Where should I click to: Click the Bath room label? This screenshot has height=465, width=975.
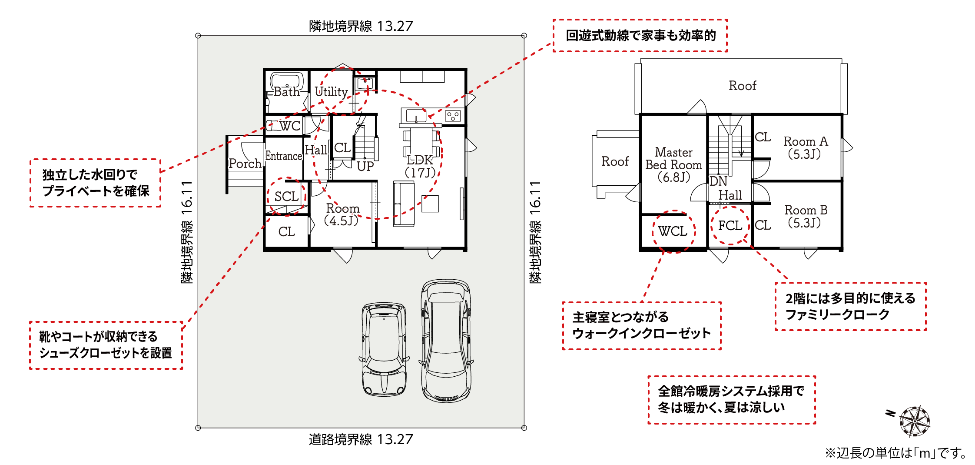[287, 92]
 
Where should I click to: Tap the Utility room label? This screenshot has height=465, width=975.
[331, 92]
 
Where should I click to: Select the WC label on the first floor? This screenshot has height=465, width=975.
[290, 126]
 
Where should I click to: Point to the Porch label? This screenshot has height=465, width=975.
[245, 164]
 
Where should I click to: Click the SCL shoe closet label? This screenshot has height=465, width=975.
[286, 196]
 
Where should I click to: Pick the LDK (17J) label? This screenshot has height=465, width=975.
[420, 166]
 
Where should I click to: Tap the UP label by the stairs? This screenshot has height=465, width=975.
[365, 166]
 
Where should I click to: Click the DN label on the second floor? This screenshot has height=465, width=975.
[718, 181]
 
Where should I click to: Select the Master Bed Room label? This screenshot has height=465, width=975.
[673, 164]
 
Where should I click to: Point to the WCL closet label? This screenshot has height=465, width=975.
[673, 231]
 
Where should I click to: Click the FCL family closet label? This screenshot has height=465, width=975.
[730, 225]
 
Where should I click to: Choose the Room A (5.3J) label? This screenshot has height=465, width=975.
[806, 147]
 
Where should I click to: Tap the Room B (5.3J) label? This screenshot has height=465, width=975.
[806, 216]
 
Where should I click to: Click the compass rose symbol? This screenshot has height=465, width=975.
[914, 422]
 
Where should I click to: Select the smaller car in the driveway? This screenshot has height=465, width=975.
[384, 349]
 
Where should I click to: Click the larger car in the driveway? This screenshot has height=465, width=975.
[446, 341]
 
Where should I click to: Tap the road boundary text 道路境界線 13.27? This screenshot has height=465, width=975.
[361, 439]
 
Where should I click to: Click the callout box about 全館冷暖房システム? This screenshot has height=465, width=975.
[732, 400]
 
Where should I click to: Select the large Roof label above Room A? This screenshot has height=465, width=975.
[742, 86]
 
